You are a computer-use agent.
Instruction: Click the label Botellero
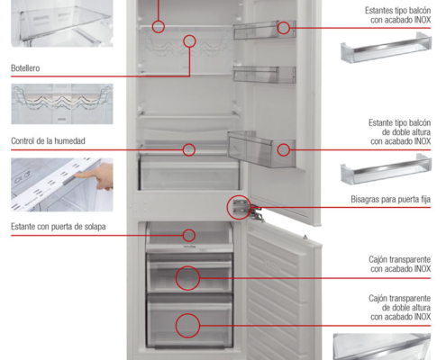(25, 68)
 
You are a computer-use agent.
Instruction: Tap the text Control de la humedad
(48, 140)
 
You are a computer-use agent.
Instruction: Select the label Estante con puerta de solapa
(59, 226)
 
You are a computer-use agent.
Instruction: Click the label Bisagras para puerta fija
(390, 199)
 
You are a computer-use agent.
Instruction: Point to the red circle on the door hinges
(227, 207)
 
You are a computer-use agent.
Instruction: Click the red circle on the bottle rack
(189, 35)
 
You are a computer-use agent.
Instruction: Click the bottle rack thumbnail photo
(62, 103)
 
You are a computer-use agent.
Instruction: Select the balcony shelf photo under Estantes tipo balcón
(386, 48)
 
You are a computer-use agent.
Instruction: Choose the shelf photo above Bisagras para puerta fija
(386, 169)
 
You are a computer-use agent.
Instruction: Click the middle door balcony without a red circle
(265, 74)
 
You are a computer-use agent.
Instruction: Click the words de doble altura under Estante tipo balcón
(406, 132)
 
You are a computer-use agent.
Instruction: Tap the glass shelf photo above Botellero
(62, 23)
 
